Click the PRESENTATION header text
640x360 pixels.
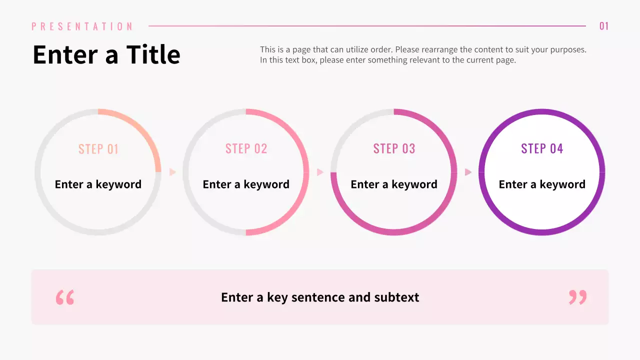point(82,26)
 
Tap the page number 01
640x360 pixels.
point(604,26)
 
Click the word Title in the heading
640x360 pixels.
point(153,54)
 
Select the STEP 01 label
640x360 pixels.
point(98,149)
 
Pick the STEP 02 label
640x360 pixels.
point(246,148)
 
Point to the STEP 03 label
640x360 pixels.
point(394,148)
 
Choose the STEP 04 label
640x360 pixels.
point(542,148)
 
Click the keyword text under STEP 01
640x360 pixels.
point(98,184)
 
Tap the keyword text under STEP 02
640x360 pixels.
point(246,184)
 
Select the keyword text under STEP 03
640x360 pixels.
point(394,184)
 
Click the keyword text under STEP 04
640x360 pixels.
point(542,184)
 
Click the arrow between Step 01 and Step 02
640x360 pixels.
point(172,172)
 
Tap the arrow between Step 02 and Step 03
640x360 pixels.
point(320,172)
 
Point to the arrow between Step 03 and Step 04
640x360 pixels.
point(468,172)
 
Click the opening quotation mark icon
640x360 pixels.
point(65,297)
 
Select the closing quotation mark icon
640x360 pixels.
point(577,297)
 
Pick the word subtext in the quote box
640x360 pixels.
point(396,297)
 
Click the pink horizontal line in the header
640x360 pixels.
point(367,26)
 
